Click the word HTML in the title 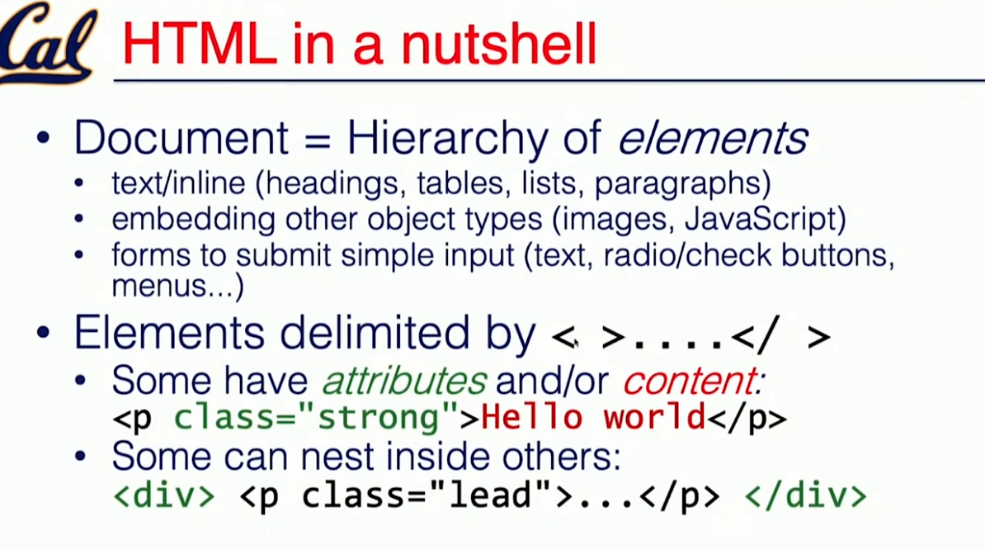coord(199,44)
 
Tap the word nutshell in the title coord(499,44)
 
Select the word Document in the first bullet coord(181,138)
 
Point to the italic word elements coord(713,138)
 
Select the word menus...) coord(177,286)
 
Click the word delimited coord(375,333)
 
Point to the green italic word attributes coord(404,380)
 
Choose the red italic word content coord(693,380)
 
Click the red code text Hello coord(531,417)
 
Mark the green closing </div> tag coord(805,495)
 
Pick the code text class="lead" coord(427,495)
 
